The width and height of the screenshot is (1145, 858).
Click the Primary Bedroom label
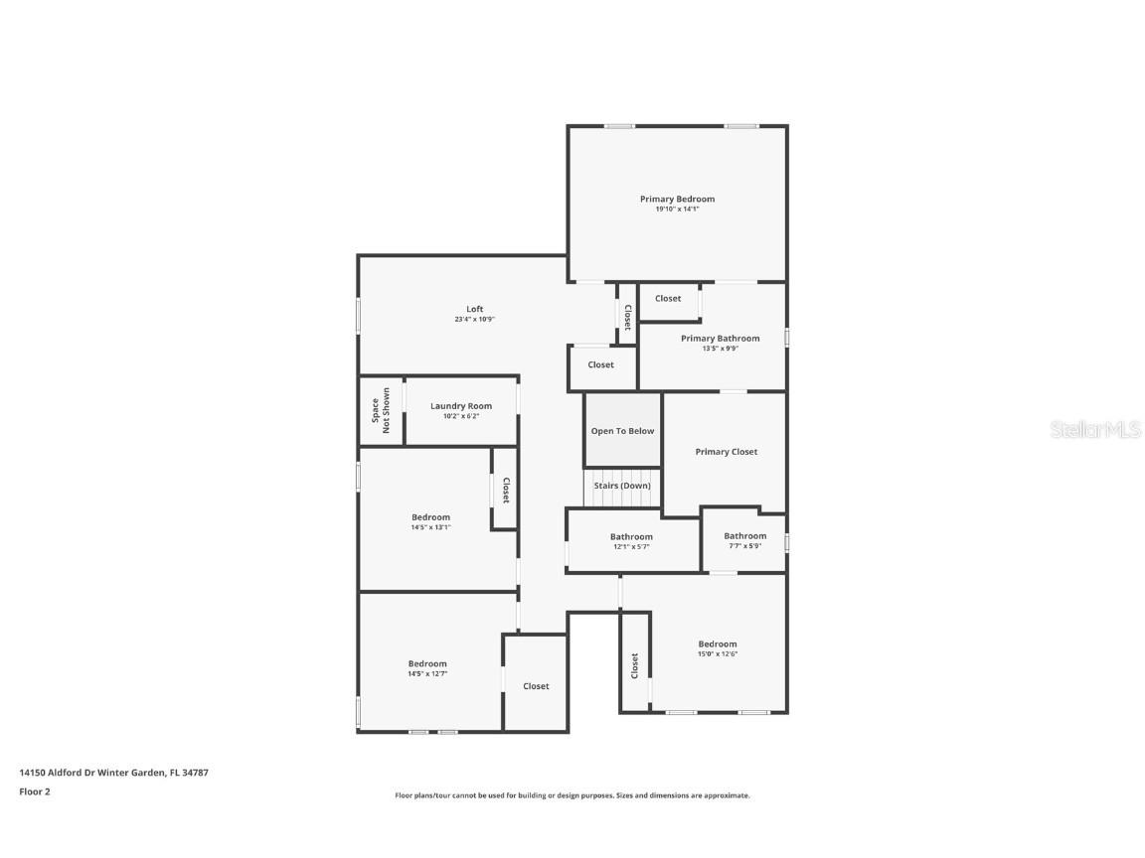[677, 199]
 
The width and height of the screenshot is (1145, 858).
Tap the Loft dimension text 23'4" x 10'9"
[474, 320]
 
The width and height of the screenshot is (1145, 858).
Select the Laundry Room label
[460, 406]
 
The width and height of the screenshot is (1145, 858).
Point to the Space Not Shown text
[380, 412]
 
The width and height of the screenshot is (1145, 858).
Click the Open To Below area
[622, 431]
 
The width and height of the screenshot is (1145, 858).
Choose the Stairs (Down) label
[622, 486]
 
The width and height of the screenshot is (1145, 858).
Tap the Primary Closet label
[726, 452]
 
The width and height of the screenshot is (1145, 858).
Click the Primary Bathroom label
[720, 339]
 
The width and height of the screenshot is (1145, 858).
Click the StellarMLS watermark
[1096, 429]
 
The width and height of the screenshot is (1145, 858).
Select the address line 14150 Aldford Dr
[113, 772]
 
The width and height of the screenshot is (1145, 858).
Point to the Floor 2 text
[34, 791]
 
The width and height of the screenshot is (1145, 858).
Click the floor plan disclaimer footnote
[572, 795]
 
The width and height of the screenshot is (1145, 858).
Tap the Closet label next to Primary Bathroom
[668, 298]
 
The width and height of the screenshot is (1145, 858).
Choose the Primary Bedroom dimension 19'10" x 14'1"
[677, 210]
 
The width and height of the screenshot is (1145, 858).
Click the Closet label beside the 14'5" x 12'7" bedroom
[536, 686]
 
